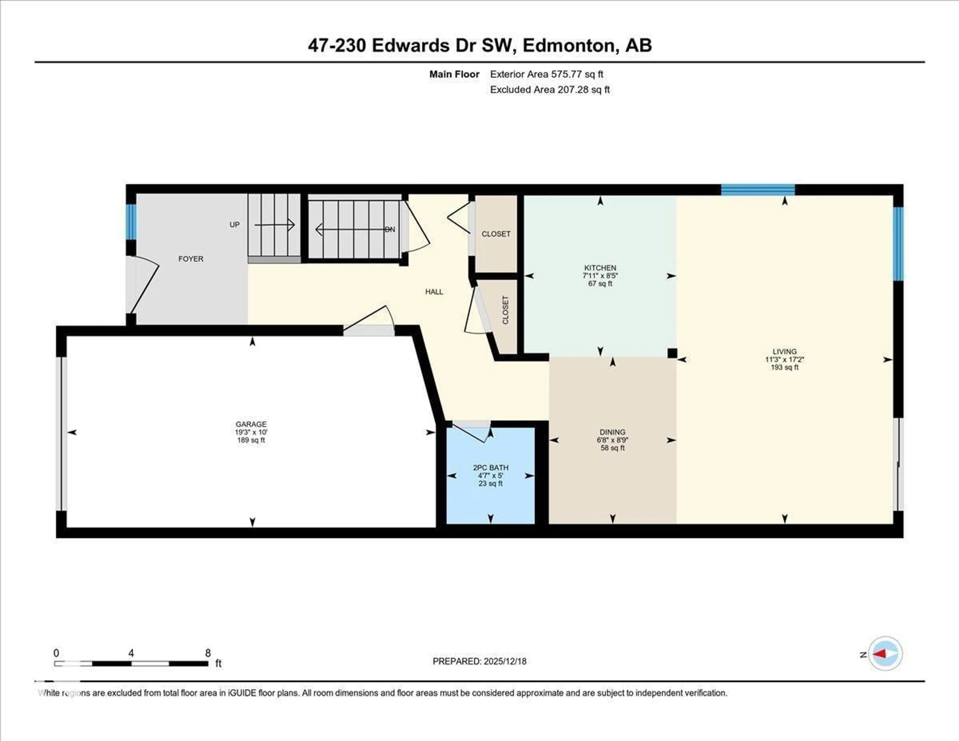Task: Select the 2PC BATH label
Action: coord(490,468)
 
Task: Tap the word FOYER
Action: coord(191,259)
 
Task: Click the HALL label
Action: coord(434,292)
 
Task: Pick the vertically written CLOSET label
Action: coord(505,310)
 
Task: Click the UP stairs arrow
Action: coord(274,225)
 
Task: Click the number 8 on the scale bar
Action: coord(208,653)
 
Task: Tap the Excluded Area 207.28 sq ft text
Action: coord(550,90)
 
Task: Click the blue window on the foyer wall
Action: coord(131,222)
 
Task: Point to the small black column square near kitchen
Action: coord(672,353)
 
